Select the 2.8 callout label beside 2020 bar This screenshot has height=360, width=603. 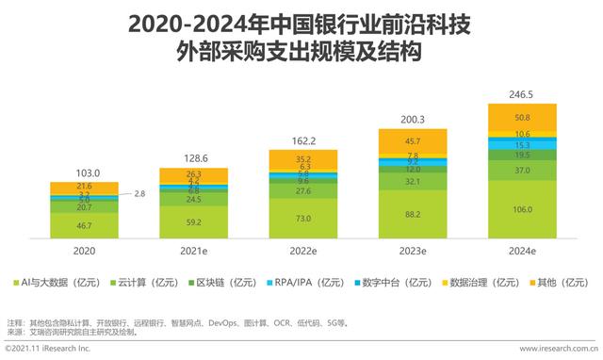[x=139, y=193]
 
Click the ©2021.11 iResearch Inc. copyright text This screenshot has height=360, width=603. [x=47, y=351]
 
